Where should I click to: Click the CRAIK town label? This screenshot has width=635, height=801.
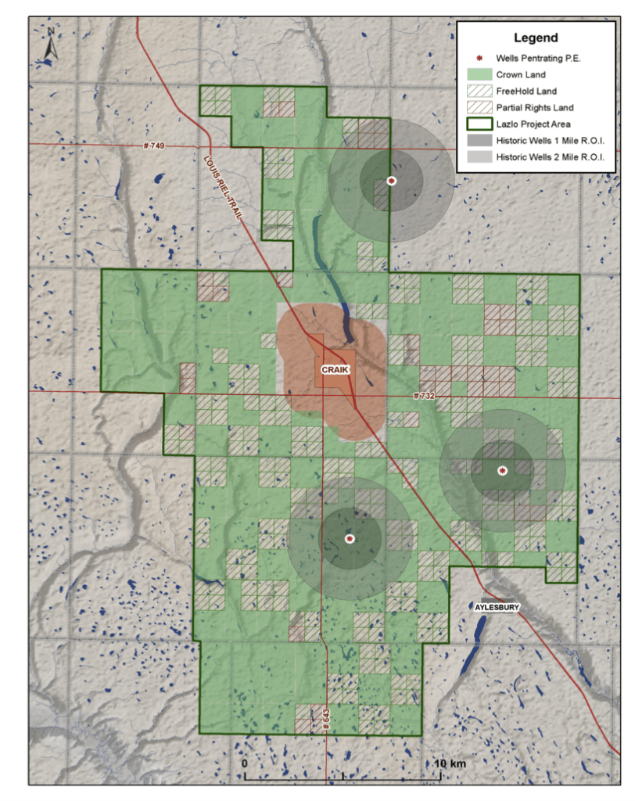335,368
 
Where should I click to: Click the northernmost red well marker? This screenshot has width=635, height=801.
391,181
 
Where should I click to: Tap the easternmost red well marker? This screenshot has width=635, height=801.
502,470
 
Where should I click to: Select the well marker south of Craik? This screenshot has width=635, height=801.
350,538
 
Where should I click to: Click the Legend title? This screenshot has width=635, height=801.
536,38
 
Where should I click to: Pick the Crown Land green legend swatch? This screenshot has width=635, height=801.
475,75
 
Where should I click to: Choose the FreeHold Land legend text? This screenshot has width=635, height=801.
526,92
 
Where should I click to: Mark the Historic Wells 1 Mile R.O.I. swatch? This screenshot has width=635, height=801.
475,141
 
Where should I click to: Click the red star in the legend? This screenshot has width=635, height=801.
475,59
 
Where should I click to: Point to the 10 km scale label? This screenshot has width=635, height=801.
444,763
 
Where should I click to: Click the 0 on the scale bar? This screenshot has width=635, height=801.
245,763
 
